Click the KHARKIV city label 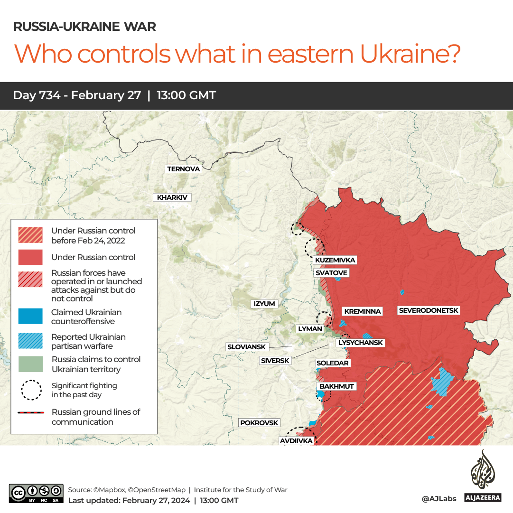[x=172, y=197]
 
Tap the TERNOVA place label [x=184, y=169]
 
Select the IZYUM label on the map [x=264, y=304]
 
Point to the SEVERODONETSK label [x=429, y=310]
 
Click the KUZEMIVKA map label [x=335, y=260]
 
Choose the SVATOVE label [x=332, y=273]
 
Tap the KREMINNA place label [x=363, y=311]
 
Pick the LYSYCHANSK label [x=360, y=343]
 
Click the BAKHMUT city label [x=336, y=386]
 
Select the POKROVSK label [x=259, y=423]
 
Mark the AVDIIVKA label [x=296, y=441]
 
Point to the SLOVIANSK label [x=247, y=347]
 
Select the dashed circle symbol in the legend [x=30, y=390]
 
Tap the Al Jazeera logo [x=483, y=476]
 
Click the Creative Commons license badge [x=36, y=493]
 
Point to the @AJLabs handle [x=438, y=499]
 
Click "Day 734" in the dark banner [x=37, y=95]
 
